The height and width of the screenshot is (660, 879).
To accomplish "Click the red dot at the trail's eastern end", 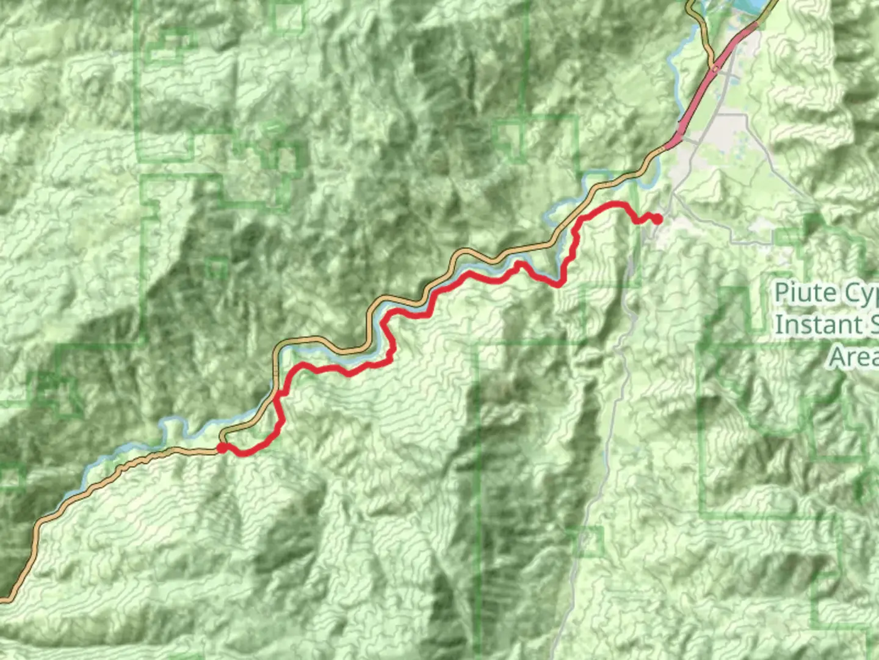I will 657,219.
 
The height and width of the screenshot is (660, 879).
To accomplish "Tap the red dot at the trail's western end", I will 222,448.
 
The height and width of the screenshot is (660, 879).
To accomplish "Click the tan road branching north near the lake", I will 705,37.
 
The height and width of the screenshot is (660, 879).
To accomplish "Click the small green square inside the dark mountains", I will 217,268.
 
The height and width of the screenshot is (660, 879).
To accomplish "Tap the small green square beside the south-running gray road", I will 590,541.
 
